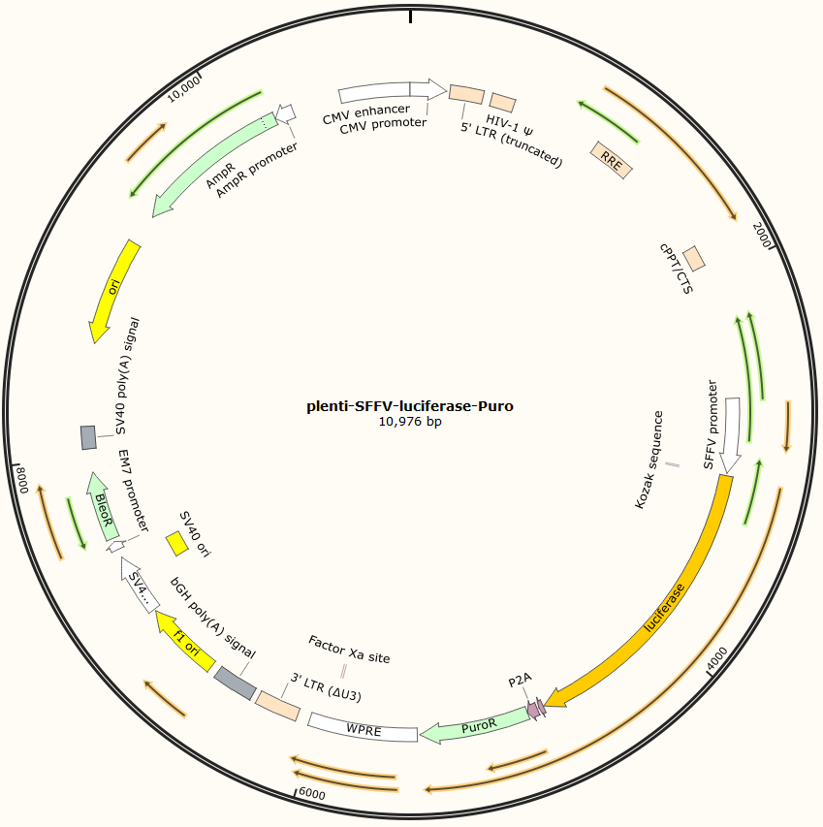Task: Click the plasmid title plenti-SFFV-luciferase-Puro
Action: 410,406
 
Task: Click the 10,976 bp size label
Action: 410,422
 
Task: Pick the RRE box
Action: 612,160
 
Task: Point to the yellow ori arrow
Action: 113,292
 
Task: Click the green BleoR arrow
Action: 103,507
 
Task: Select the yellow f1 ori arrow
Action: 186,641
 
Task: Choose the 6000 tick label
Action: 312,793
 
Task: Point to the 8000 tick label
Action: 22,479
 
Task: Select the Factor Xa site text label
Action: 349,650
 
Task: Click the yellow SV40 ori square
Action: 176,544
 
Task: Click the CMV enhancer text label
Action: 366,111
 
